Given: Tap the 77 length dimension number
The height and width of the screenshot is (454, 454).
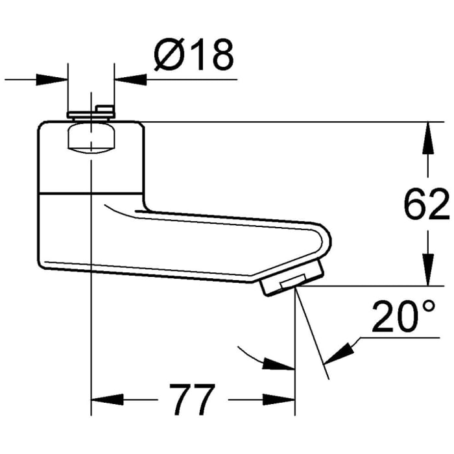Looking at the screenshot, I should [192, 398].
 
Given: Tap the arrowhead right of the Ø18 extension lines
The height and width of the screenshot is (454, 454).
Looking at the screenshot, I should [130, 79].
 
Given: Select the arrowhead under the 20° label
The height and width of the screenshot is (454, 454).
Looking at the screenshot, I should [340, 352].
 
